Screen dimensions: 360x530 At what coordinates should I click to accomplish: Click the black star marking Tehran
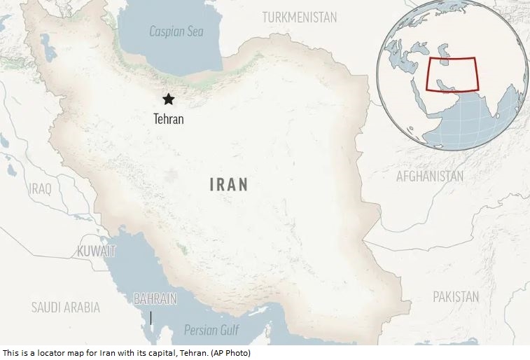[x=168, y=99]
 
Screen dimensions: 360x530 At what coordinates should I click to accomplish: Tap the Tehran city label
[x=168, y=119]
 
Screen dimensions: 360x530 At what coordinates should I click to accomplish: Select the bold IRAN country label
[x=229, y=185]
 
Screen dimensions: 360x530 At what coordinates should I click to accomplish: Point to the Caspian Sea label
[x=176, y=32]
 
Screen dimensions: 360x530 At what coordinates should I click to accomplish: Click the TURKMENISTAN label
[x=300, y=17]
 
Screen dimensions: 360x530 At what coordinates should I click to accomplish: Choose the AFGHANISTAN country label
[x=430, y=176]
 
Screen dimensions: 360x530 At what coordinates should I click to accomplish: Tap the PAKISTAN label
[x=456, y=297]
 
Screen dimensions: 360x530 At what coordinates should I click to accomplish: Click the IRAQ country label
[x=40, y=188]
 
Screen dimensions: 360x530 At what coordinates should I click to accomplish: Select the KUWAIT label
[x=97, y=251]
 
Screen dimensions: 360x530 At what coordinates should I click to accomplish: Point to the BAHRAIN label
[x=155, y=299]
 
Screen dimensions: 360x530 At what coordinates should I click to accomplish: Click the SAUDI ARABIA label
[x=66, y=307]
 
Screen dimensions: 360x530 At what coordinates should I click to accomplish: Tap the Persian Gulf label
[x=211, y=330]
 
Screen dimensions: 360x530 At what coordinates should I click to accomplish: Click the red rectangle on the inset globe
[x=451, y=75]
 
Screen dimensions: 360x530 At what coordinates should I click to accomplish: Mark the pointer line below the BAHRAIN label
[x=151, y=319]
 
